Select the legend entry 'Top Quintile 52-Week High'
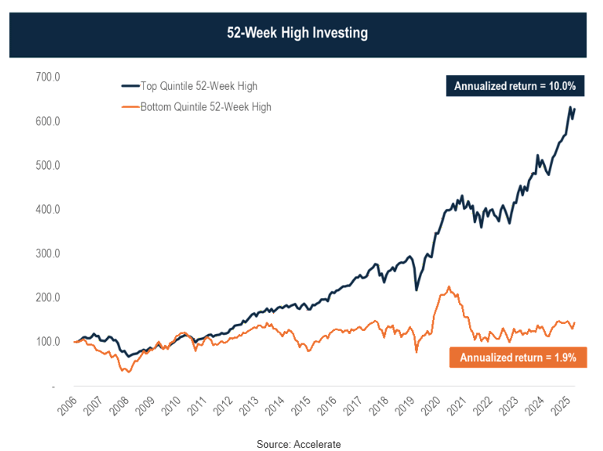[198, 86]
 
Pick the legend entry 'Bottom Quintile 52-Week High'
[206, 106]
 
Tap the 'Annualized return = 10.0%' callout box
[515, 86]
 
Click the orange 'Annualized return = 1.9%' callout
[518, 358]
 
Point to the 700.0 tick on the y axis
[48, 77]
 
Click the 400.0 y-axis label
[48, 209]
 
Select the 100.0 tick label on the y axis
[48, 341]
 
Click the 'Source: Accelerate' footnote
[298, 444]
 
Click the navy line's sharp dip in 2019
[416, 290]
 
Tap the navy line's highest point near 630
[570, 107]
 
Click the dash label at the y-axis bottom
[53, 386]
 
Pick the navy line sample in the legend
[130, 86]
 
